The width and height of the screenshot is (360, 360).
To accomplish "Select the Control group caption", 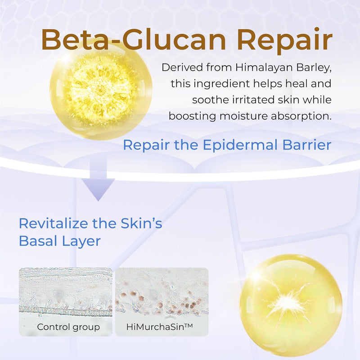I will click(68, 327).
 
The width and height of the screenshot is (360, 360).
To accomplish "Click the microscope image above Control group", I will click(66, 293).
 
